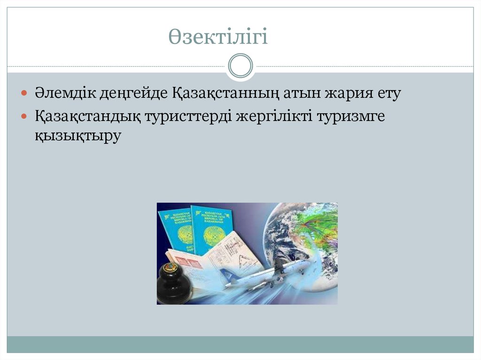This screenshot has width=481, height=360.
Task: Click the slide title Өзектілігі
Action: pyautogui.click(x=218, y=37)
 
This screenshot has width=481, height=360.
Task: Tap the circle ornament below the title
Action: pyautogui.click(x=240, y=66)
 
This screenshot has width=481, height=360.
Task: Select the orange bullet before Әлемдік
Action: pyautogui.click(x=25, y=93)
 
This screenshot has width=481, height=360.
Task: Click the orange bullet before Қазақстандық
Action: pyautogui.click(x=25, y=116)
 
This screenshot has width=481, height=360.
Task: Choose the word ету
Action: pyautogui.click(x=388, y=93)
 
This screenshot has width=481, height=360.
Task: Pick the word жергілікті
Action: pyautogui.click(x=276, y=116)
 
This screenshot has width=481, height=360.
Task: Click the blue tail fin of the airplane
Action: pyautogui.click(x=227, y=275)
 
